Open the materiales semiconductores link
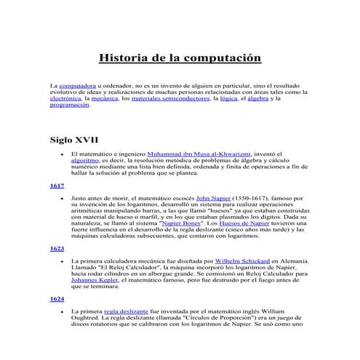coord(167,98)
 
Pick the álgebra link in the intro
coord(259,98)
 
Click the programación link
coord(70,105)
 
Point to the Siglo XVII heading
coord(73,138)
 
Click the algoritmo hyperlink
coord(86,161)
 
